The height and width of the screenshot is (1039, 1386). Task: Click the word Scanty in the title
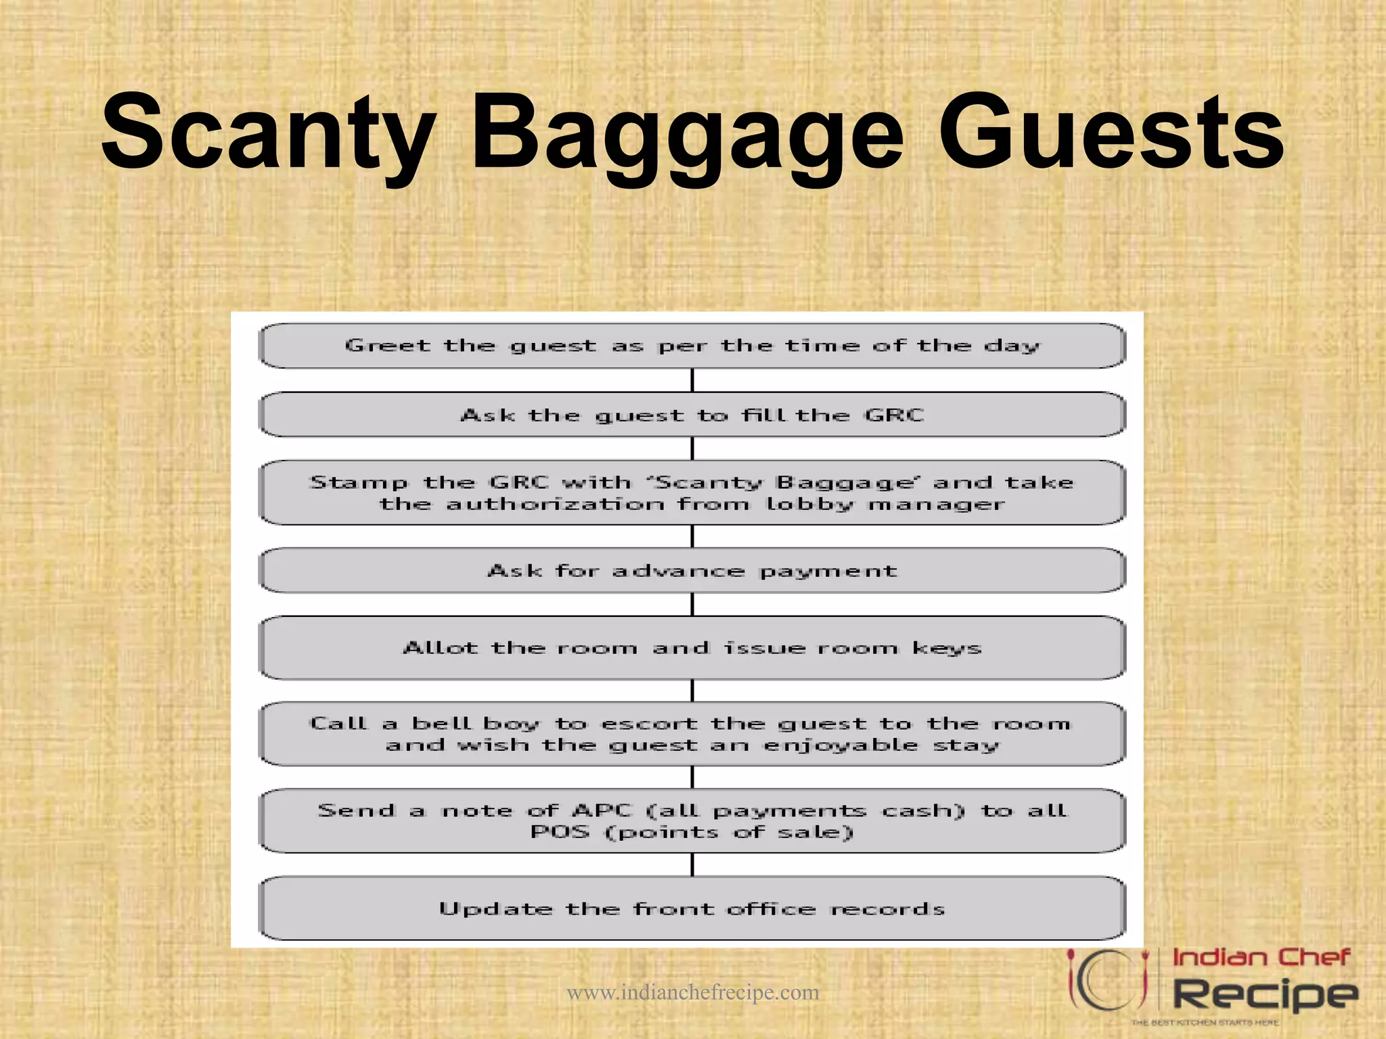coord(269,132)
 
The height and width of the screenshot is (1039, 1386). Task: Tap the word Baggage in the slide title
coord(687,135)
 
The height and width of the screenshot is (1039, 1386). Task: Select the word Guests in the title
coord(1111,132)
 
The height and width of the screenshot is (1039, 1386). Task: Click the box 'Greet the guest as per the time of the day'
coord(692,346)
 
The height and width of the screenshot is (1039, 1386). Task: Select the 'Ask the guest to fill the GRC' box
coord(692,415)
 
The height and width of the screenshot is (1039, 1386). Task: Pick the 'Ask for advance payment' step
coord(692,571)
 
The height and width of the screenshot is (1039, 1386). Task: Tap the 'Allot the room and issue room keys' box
coord(692,648)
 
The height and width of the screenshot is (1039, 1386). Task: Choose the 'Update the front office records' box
coord(692,908)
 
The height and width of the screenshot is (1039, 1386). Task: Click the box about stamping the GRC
coord(692,492)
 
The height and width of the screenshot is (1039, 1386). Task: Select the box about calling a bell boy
coord(692,734)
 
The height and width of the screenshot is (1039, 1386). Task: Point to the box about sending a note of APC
coord(692,821)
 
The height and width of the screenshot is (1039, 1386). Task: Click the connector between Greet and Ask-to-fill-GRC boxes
coord(692,380)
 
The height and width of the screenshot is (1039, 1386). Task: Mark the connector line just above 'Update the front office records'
coord(692,864)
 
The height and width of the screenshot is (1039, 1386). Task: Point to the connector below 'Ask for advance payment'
coord(692,604)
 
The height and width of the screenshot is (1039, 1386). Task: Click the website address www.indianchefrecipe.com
coord(692,992)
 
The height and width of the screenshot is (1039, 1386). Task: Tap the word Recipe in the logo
coord(1264,994)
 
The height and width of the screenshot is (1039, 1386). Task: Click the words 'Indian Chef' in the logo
coord(1261,957)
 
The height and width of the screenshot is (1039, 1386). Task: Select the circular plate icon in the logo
coord(1109,982)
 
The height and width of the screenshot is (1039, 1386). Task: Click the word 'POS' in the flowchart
coord(560,831)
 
